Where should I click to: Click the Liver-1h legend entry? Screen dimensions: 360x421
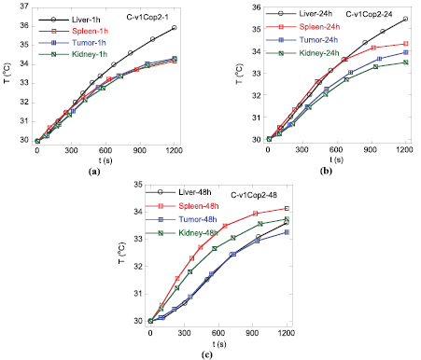(80, 19)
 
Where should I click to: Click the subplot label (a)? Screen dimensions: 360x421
(93, 173)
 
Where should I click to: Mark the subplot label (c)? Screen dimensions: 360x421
(206, 353)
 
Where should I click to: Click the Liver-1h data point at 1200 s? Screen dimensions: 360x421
(174, 28)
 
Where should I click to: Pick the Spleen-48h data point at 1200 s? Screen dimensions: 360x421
(286, 208)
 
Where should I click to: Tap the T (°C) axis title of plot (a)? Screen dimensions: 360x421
(8, 75)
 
